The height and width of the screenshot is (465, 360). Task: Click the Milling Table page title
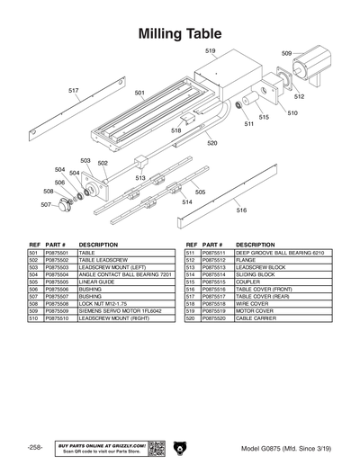point(180,33)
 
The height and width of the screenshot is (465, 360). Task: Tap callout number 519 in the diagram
point(210,50)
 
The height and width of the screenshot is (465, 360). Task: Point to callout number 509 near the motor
point(286,54)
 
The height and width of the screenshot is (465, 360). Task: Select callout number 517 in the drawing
point(73,90)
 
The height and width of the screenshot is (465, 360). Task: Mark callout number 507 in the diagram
point(45,204)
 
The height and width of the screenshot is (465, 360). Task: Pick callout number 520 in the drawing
point(211,142)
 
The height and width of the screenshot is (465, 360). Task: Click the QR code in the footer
point(154,448)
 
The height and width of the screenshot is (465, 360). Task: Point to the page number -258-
point(35,447)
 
